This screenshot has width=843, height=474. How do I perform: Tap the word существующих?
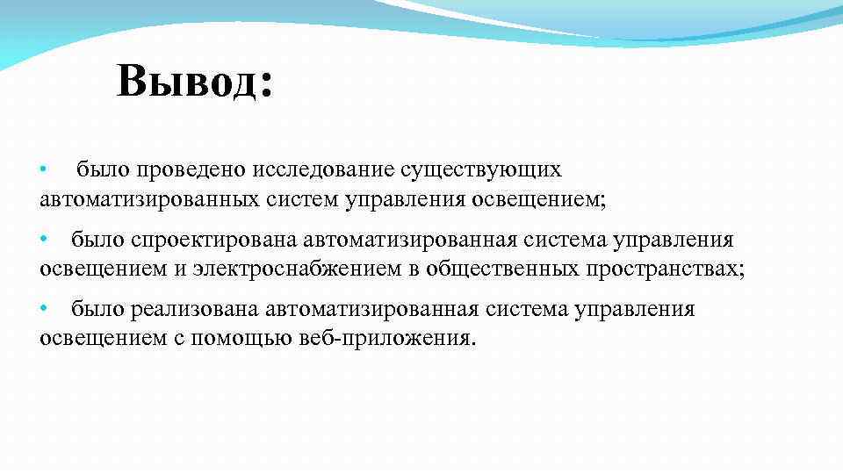coord(481,169)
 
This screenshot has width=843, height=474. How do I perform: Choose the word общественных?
coord(502,269)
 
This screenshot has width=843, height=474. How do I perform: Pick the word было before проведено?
coord(101,169)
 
